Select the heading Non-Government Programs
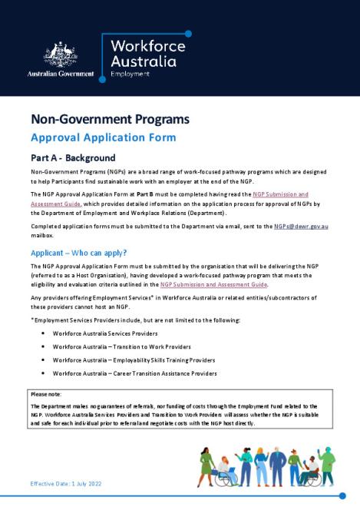coord(109,120)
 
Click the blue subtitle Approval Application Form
coord(103,138)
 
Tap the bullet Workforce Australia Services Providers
coord(105,333)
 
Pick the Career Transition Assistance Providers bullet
coord(134,373)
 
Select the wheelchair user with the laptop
coord(226,470)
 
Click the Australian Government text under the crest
coord(61,74)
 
